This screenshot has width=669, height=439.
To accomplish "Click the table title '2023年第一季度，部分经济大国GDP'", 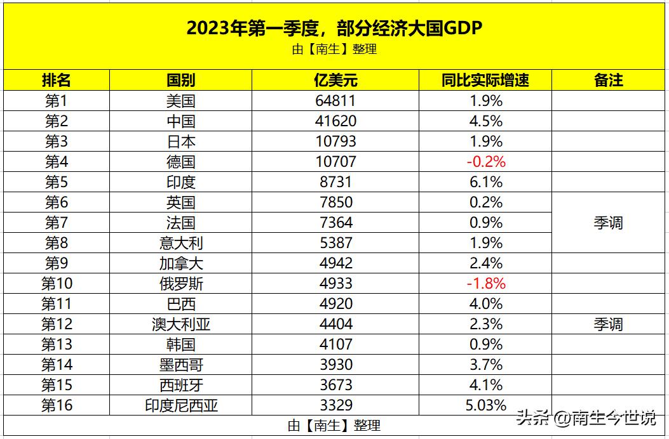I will tap(334, 28).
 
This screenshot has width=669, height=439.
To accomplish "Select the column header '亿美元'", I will tap(335, 80).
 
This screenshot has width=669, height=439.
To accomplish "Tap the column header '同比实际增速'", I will tap(485, 80).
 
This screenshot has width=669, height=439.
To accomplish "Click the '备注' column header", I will tap(609, 80).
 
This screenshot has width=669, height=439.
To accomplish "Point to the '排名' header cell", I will tap(56, 80).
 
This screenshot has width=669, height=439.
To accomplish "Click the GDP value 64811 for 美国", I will tap(335, 101).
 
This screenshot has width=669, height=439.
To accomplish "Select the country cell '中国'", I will tap(180, 121).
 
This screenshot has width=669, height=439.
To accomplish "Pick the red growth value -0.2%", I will tap(485, 162).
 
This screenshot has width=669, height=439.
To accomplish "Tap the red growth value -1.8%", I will tap(485, 284).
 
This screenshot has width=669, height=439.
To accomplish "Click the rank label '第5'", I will tap(56, 182).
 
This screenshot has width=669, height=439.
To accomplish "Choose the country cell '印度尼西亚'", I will tap(180, 405).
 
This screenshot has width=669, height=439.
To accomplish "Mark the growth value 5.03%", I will tap(485, 405).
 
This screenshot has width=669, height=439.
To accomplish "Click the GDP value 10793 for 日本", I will tap(335, 141).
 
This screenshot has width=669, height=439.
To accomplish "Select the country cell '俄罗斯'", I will tap(180, 284).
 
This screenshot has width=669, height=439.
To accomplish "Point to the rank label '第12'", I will tap(56, 324).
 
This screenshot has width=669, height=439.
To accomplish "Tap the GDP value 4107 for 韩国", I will tap(335, 344).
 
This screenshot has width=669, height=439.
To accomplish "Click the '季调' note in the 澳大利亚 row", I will tap(609, 324).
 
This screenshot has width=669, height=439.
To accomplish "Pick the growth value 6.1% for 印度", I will tap(485, 182).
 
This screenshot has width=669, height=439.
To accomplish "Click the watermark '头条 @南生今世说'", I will tap(585, 419).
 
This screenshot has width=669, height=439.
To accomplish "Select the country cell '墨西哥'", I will tap(180, 365).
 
